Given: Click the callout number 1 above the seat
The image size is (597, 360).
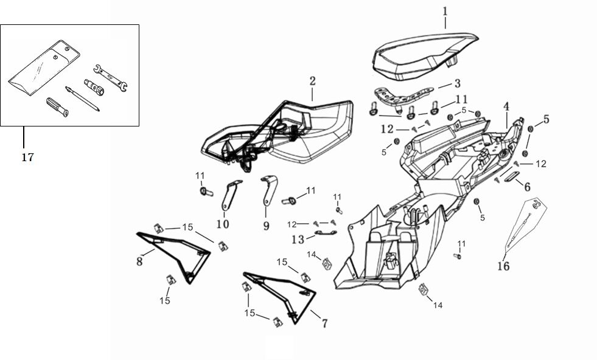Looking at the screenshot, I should (445, 11).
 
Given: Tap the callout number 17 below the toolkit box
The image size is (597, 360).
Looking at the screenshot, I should (27, 157).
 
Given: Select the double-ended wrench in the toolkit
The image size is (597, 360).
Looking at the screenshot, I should (110, 78).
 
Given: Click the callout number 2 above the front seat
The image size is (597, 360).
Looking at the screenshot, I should (312, 81).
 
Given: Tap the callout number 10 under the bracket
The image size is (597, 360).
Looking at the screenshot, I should (223, 224).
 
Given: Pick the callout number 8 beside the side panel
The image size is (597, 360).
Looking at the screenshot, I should (139, 261).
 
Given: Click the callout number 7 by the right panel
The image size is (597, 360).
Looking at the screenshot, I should (324, 324).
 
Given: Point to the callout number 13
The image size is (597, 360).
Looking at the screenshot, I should (298, 240).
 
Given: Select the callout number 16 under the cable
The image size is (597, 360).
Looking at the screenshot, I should (503, 266).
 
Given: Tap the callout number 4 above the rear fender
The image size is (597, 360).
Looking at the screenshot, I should (506, 106).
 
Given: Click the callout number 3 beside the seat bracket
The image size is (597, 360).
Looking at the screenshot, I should (458, 83).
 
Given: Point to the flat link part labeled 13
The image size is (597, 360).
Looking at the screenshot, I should (326, 233).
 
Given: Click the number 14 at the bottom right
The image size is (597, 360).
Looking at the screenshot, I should (438, 305).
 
